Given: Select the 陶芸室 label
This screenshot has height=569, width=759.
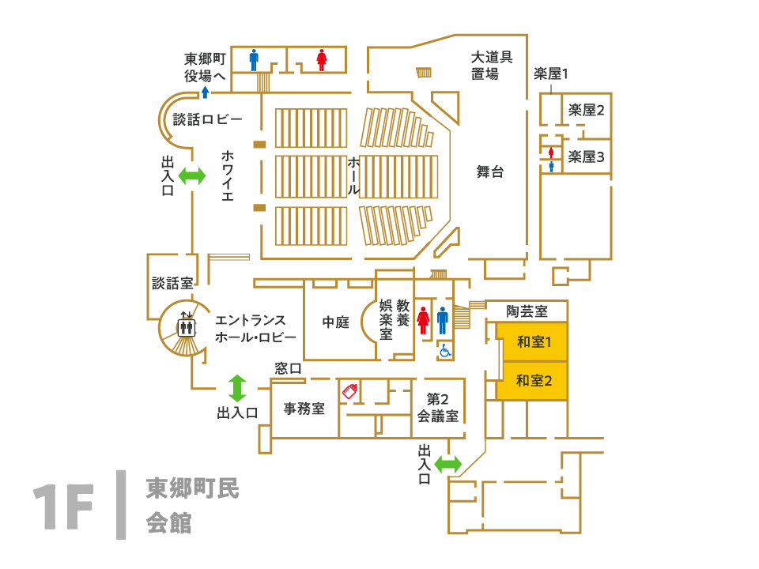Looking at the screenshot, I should click(527, 312).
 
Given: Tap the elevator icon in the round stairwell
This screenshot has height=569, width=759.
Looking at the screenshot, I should click(187, 324).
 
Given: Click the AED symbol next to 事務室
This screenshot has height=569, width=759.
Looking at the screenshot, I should click(349, 390).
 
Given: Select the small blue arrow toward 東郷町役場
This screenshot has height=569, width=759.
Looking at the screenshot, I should click(205, 92).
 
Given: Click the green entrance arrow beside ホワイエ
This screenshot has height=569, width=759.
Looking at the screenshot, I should click(192, 175).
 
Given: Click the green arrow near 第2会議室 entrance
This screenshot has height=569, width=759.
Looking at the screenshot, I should click(447, 465).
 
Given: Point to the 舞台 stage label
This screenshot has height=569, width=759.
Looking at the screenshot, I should click(489, 171).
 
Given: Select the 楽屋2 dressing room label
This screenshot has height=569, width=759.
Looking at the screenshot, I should click(586, 110).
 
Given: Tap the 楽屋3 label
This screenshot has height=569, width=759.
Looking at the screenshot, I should click(586, 156).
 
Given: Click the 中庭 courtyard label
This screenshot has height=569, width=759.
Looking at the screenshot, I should click(335, 323).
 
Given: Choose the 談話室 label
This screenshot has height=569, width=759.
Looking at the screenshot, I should click(172, 283).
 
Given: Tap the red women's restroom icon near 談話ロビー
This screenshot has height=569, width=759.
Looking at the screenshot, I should click(321, 61).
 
